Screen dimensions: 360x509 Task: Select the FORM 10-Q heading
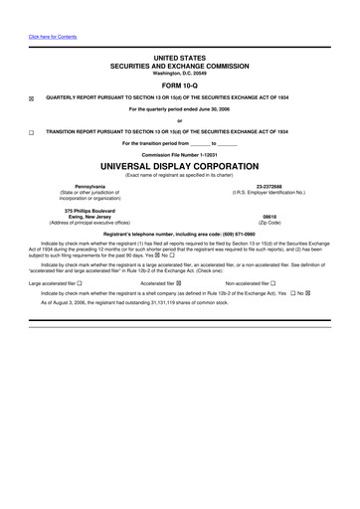[x=179, y=83]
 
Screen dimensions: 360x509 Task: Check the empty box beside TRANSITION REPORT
[x=31, y=132]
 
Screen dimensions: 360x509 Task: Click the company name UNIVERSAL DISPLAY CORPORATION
[x=179, y=166]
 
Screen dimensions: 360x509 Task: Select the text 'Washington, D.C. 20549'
[x=179, y=73]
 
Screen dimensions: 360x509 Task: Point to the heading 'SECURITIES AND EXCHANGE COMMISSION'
[x=179, y=66]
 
